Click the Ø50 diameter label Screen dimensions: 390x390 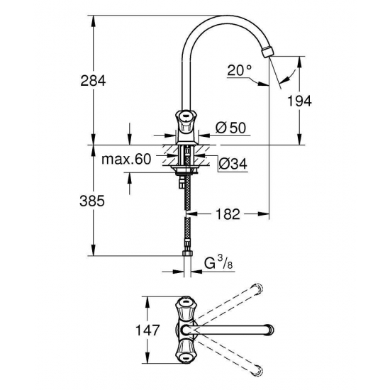point(228,128)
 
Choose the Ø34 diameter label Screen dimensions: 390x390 point(228,165)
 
